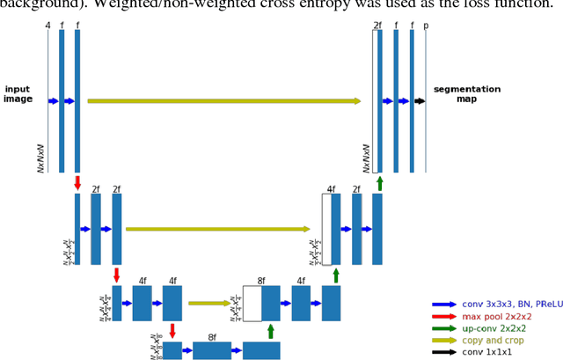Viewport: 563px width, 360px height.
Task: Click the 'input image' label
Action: click(x=18, y=94)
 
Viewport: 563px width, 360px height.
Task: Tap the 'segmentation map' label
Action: click(x=466, y=93)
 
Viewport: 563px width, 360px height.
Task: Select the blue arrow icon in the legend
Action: click(x=443, y=304)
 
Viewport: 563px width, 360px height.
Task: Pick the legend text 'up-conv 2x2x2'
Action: click(x=493, y=328)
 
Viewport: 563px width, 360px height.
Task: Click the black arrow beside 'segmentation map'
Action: click(x=420, y=101)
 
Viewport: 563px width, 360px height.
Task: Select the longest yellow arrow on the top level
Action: click(x=224, y=101)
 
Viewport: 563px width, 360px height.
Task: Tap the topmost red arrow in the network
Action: click(x=77, y=182)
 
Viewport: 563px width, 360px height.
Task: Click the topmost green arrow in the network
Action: click(x=379, y=182)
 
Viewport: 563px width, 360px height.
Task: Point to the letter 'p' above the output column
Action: click(x=426, y=26)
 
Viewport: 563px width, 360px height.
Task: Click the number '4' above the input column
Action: click(x=48, y=26)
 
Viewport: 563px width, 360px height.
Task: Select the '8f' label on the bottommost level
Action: click(x=212, y=336)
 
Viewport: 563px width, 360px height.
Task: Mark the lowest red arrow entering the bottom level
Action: click(x=172, y=331)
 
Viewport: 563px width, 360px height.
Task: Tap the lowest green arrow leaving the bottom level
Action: click(x=271, y=331)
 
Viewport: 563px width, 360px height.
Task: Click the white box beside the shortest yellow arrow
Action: click(x=252, y=304)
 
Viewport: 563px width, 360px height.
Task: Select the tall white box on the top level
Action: click(x=375, y=101)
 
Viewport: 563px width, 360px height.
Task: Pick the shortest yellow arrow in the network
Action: click(x=210, y=304)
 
